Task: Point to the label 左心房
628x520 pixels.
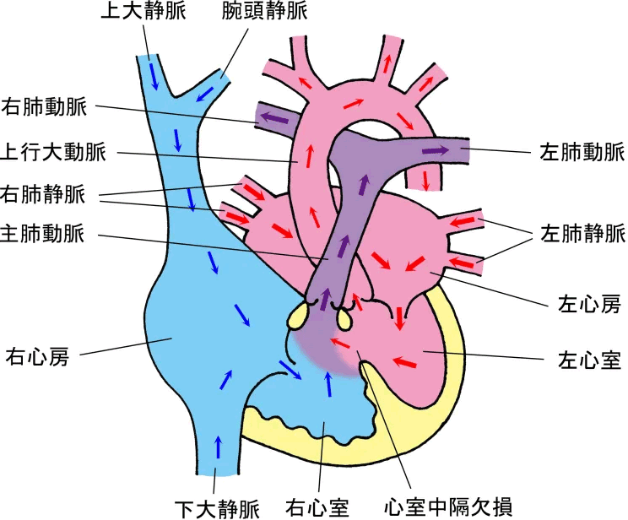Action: (588, 300)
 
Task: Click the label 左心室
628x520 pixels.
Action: (588, 361)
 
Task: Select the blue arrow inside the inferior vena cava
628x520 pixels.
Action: (219, 443)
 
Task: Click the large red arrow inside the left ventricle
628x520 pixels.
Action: (405, 363)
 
